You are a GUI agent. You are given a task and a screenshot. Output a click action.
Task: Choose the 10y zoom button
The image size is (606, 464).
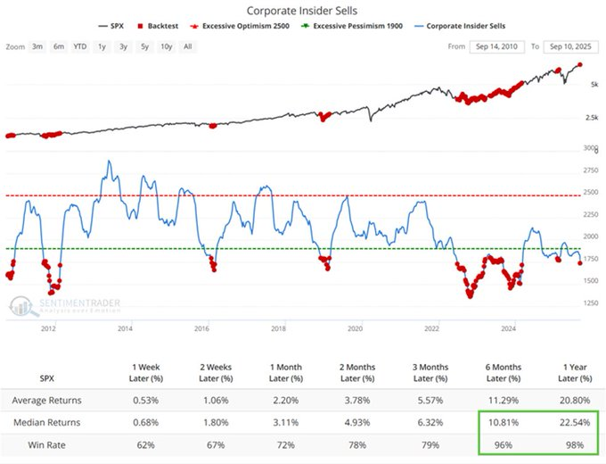(167, 46)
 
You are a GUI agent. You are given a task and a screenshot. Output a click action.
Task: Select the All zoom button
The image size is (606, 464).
(187, 46)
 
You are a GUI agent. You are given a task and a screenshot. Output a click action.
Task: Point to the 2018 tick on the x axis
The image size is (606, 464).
(278, 328)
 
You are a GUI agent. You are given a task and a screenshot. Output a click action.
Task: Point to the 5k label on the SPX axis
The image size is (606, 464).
(593, 85)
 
